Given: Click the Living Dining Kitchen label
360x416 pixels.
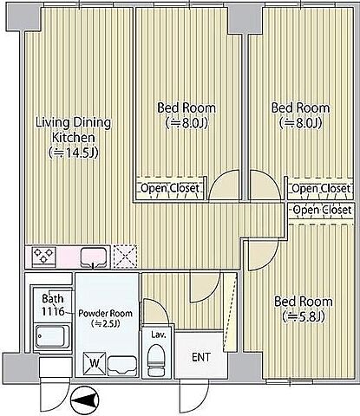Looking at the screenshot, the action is [74, 130].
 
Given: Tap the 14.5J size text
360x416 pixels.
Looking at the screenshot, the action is [74, 153].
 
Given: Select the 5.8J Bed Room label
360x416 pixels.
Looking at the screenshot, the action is [304, 309].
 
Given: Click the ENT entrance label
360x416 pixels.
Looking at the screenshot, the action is [201, 357].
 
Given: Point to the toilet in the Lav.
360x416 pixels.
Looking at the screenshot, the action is [156, 361].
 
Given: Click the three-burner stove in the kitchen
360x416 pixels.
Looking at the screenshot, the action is [44, 257].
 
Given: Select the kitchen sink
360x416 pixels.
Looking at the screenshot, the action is [93, 257].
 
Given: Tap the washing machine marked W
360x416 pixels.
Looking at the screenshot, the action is [95, 363].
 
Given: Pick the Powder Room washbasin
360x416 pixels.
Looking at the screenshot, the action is [122, 366].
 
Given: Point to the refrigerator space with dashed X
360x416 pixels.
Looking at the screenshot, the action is [125, 257].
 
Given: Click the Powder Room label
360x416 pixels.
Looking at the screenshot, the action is [106, 318].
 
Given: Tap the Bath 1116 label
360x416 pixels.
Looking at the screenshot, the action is [53, 305].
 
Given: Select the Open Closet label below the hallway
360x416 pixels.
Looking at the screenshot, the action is [322, 210].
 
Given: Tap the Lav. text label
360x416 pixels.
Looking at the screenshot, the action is [159, 335].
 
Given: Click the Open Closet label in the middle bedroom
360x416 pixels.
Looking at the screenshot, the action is [170, 188].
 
